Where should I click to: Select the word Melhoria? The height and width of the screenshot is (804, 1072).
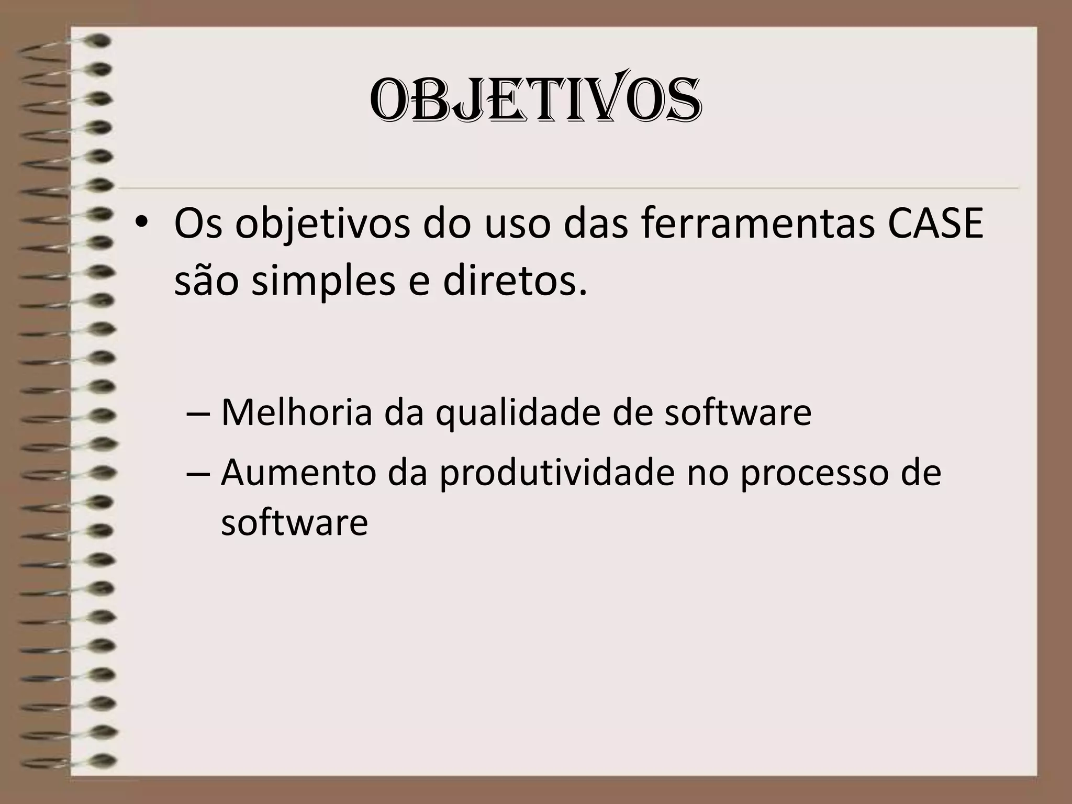(296, 412)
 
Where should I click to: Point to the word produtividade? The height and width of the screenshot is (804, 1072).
(556, 473)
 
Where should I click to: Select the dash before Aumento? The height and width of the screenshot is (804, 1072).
(198, 473)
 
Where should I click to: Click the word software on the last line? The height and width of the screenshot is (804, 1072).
(294, 522)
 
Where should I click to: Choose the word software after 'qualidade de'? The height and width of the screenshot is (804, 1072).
(738, 412)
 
